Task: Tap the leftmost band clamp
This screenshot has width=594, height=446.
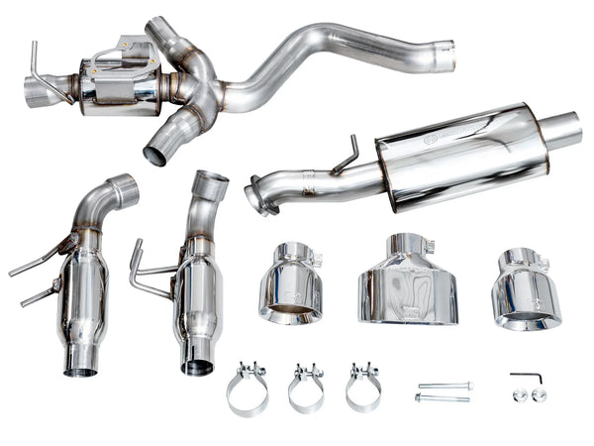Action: point(247,390)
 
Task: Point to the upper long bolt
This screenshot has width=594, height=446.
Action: point(445,386)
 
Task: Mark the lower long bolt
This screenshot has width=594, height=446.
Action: point(442,398)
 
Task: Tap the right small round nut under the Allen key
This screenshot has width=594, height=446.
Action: point(540,394)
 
